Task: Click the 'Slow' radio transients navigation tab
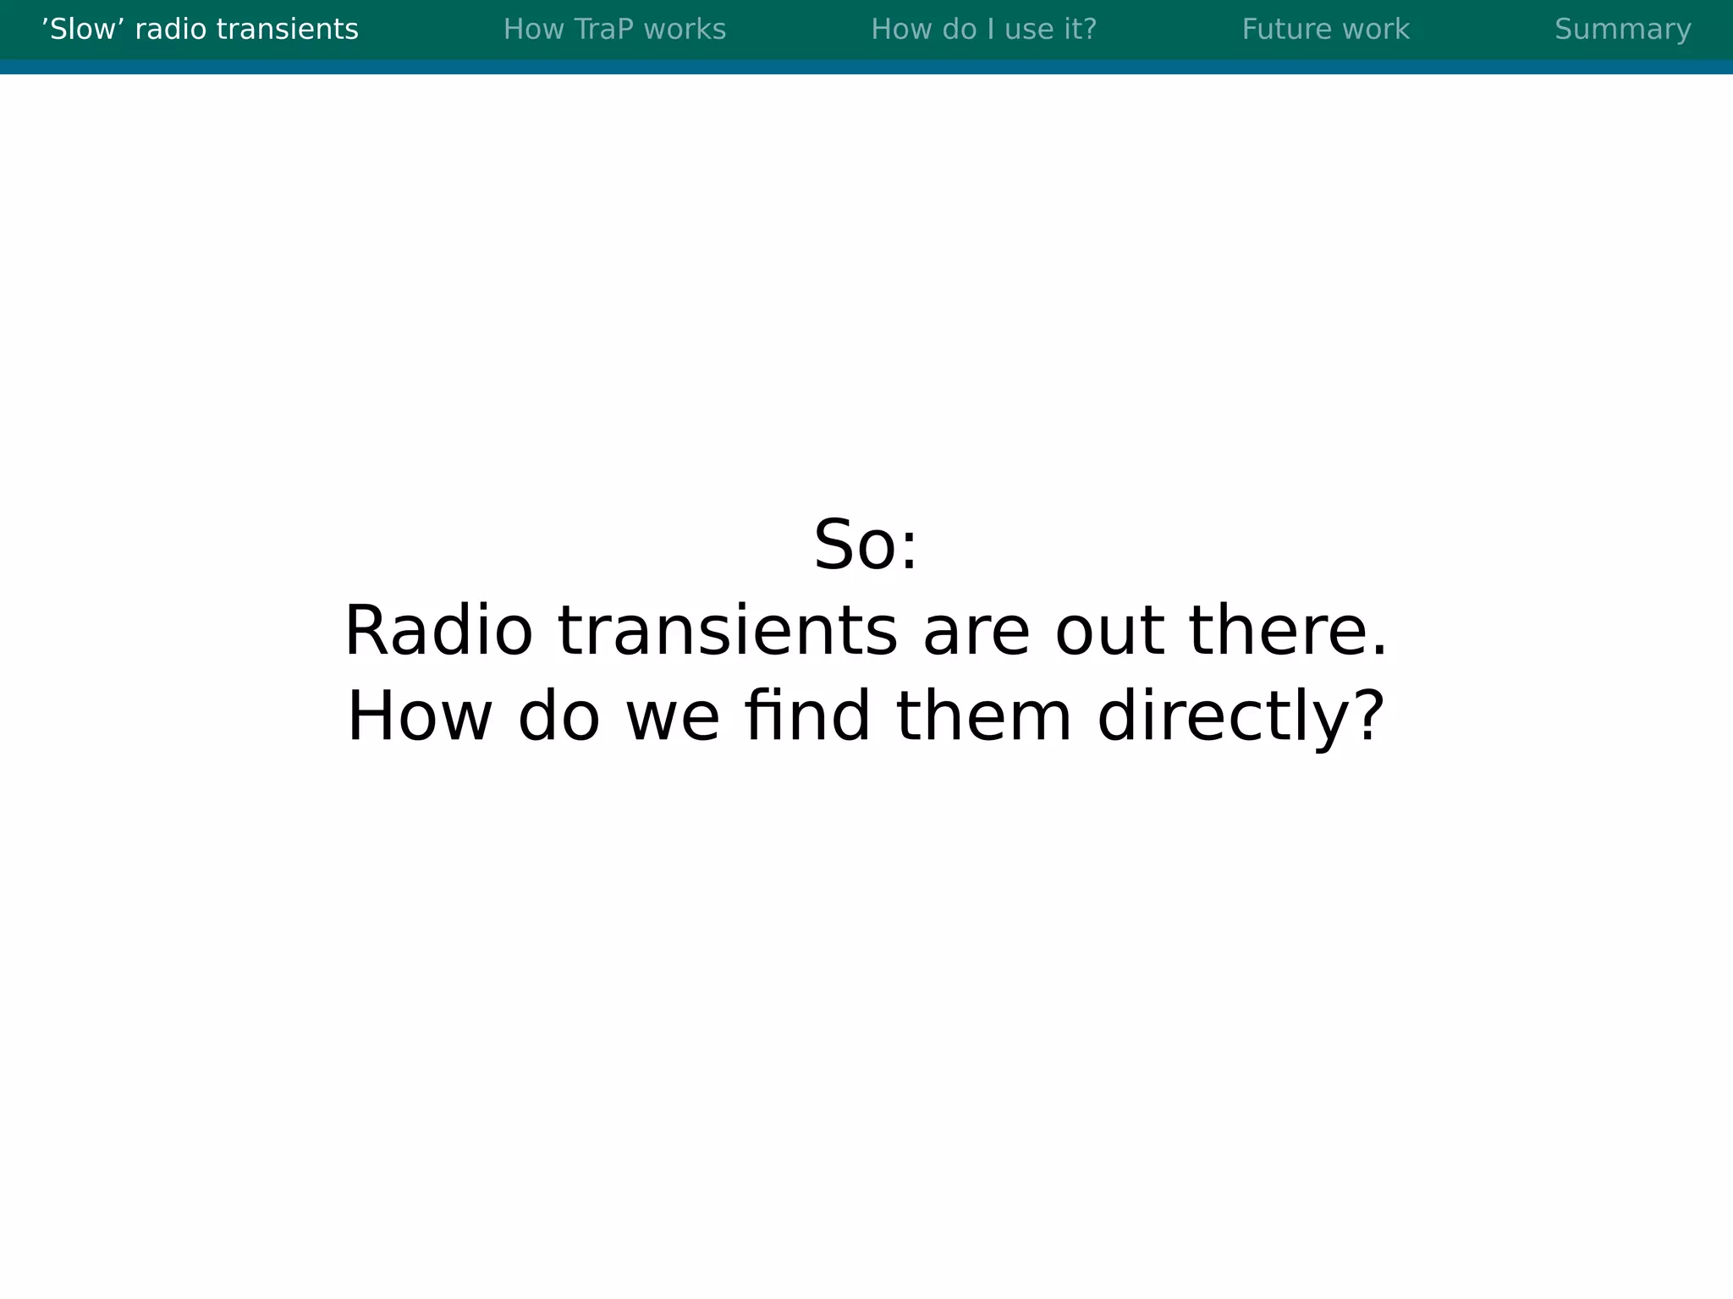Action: (x=201, y=30)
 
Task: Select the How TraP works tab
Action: (x=614, y=30)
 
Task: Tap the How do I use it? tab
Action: (x=983, y=30)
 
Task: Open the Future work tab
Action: (x=1325, y=30)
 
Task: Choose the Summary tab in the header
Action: (x=1622, y=30)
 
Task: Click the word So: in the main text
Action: (x=866, y=546)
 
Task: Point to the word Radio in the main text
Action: (x=438, y=632)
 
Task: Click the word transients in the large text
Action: (x=728, y=632)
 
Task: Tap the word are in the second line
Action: (x=977, y=632)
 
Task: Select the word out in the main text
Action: (x=1109, y=632)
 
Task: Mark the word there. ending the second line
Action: (x=1288, y=632)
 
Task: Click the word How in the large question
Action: (x=420, y=717)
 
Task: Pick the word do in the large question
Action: (x=558, y=717)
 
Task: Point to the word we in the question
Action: (x=673, y=717)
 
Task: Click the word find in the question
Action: (x=807, y=717)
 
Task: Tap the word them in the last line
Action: (x=984, y=717)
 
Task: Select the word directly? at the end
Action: (x=1241, y=717)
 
